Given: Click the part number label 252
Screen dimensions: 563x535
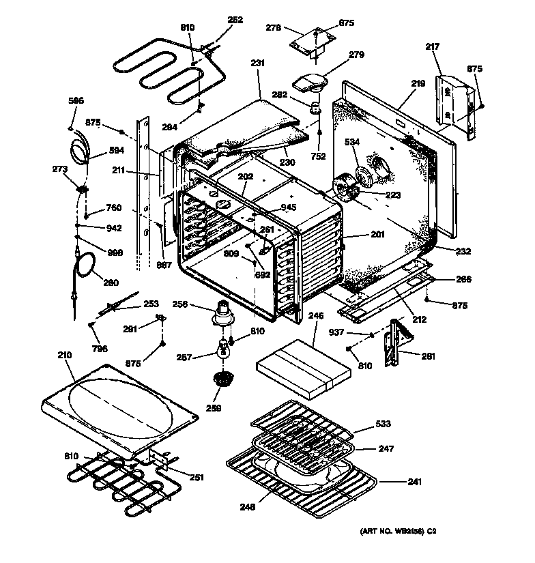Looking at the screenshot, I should click(235, 20).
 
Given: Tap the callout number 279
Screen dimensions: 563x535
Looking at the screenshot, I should click(356, 55).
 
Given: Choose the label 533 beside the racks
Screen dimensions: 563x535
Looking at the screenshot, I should click(383, 426).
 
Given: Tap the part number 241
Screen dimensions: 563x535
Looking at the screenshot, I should click(414, 482).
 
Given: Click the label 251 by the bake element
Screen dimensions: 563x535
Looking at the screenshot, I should click(197, 478).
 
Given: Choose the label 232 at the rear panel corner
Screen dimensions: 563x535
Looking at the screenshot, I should click(463, 252).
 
